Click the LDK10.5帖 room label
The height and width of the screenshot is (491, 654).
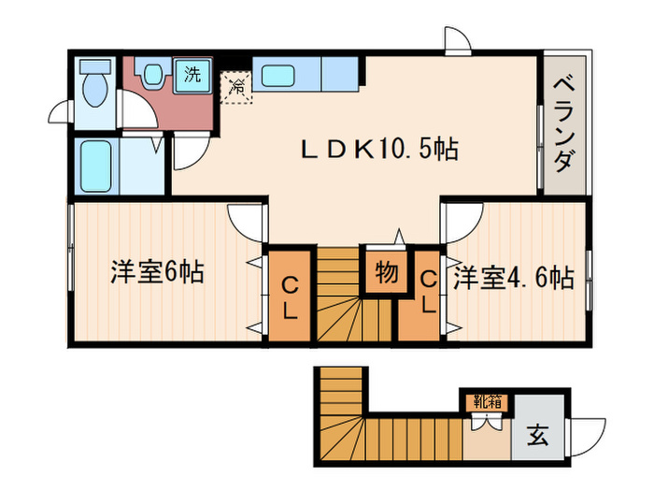[378, 149]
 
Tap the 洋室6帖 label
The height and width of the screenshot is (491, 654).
[157, 274]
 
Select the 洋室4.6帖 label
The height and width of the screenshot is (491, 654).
[513, 278]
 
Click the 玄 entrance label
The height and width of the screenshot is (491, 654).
[540, 435]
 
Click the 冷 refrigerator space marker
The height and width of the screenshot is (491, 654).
[236, 87]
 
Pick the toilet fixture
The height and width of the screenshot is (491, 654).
[94, 90]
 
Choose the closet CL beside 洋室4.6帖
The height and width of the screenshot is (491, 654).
[427, 293]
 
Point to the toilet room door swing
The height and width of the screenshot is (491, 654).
[61, 111]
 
